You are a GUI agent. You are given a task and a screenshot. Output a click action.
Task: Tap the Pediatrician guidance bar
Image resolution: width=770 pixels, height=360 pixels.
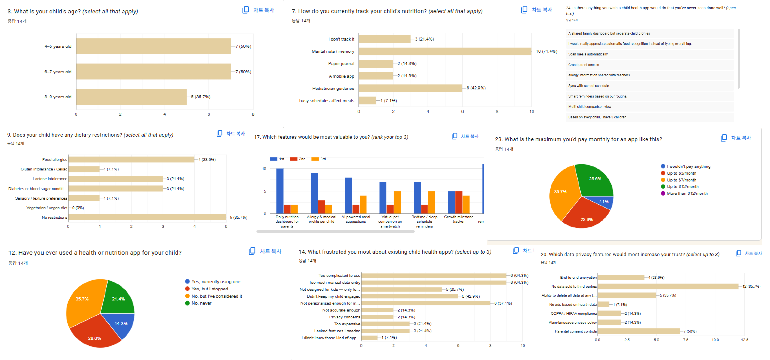point(410,88)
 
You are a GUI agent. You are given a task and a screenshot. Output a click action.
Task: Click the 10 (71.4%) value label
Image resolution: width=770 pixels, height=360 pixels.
point(546,51)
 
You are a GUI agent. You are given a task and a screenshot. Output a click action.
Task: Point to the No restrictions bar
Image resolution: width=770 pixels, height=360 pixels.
point(147,217)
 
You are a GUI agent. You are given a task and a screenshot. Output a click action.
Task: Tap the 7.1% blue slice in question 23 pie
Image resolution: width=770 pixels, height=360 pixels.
point(604,202)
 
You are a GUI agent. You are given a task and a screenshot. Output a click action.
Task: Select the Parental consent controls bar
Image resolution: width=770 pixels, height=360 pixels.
point(638,331)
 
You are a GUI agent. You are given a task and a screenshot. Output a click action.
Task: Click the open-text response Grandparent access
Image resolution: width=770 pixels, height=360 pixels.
point(583,65)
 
